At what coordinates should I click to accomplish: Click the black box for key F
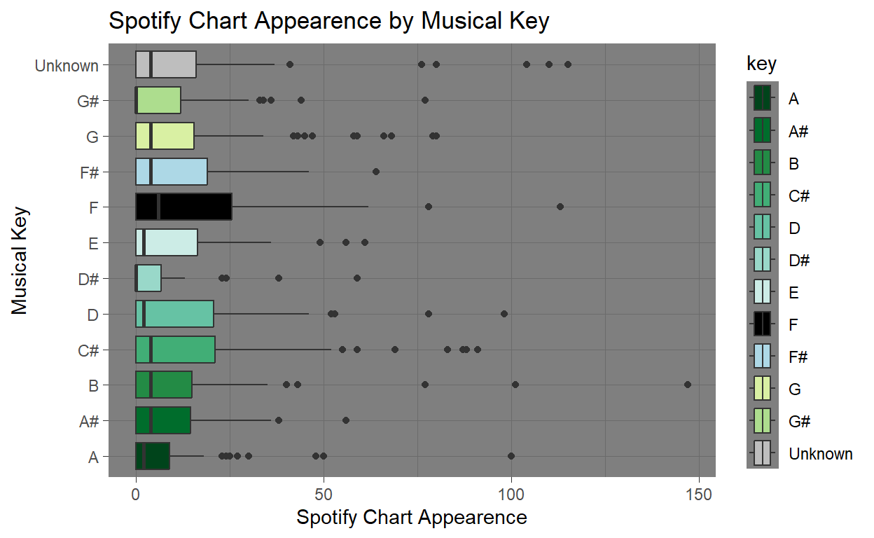pyautogui.click(x=183, y=207)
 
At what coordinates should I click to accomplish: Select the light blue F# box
pyautogui.click(x=172, y=171)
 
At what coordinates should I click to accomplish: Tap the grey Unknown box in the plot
pyautogui.click(x=166, y=64)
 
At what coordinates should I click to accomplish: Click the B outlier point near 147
pyautogui.click(x=688, y=385)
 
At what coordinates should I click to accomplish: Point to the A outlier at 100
pyautogui.click(x=511, y=456)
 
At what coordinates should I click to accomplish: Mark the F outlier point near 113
pyautogui.click(x=560, y=207)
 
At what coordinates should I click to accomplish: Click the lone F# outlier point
pyautogui.click(x=376, y=171)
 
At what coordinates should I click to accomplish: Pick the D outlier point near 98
pyautogui.click(x=504, y=314)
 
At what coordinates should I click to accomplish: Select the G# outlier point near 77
pyautogui.click(x=425, y=100)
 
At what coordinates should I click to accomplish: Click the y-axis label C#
pyautogui.click(x=88, y=350)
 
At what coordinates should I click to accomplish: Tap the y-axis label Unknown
pyautogui.click(x=67, y=66)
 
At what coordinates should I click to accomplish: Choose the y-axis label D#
pyautogui.click(x=88, y=280)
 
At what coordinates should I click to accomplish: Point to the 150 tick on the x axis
pyautogui.click(x=699, y=495)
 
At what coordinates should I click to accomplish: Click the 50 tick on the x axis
pyautogui.click(x=324, y=495)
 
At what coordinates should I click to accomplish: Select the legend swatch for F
pyautogui.click(x=763, y=324)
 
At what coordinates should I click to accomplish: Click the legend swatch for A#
pyautogui.click(x=763, y=130)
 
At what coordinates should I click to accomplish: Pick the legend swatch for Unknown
pyautogui.click(x=763, y=453)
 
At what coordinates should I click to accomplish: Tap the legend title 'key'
pyautogui.click(x=762, y=64)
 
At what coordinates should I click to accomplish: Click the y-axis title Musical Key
pyautogui.click(x=20, y=260)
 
